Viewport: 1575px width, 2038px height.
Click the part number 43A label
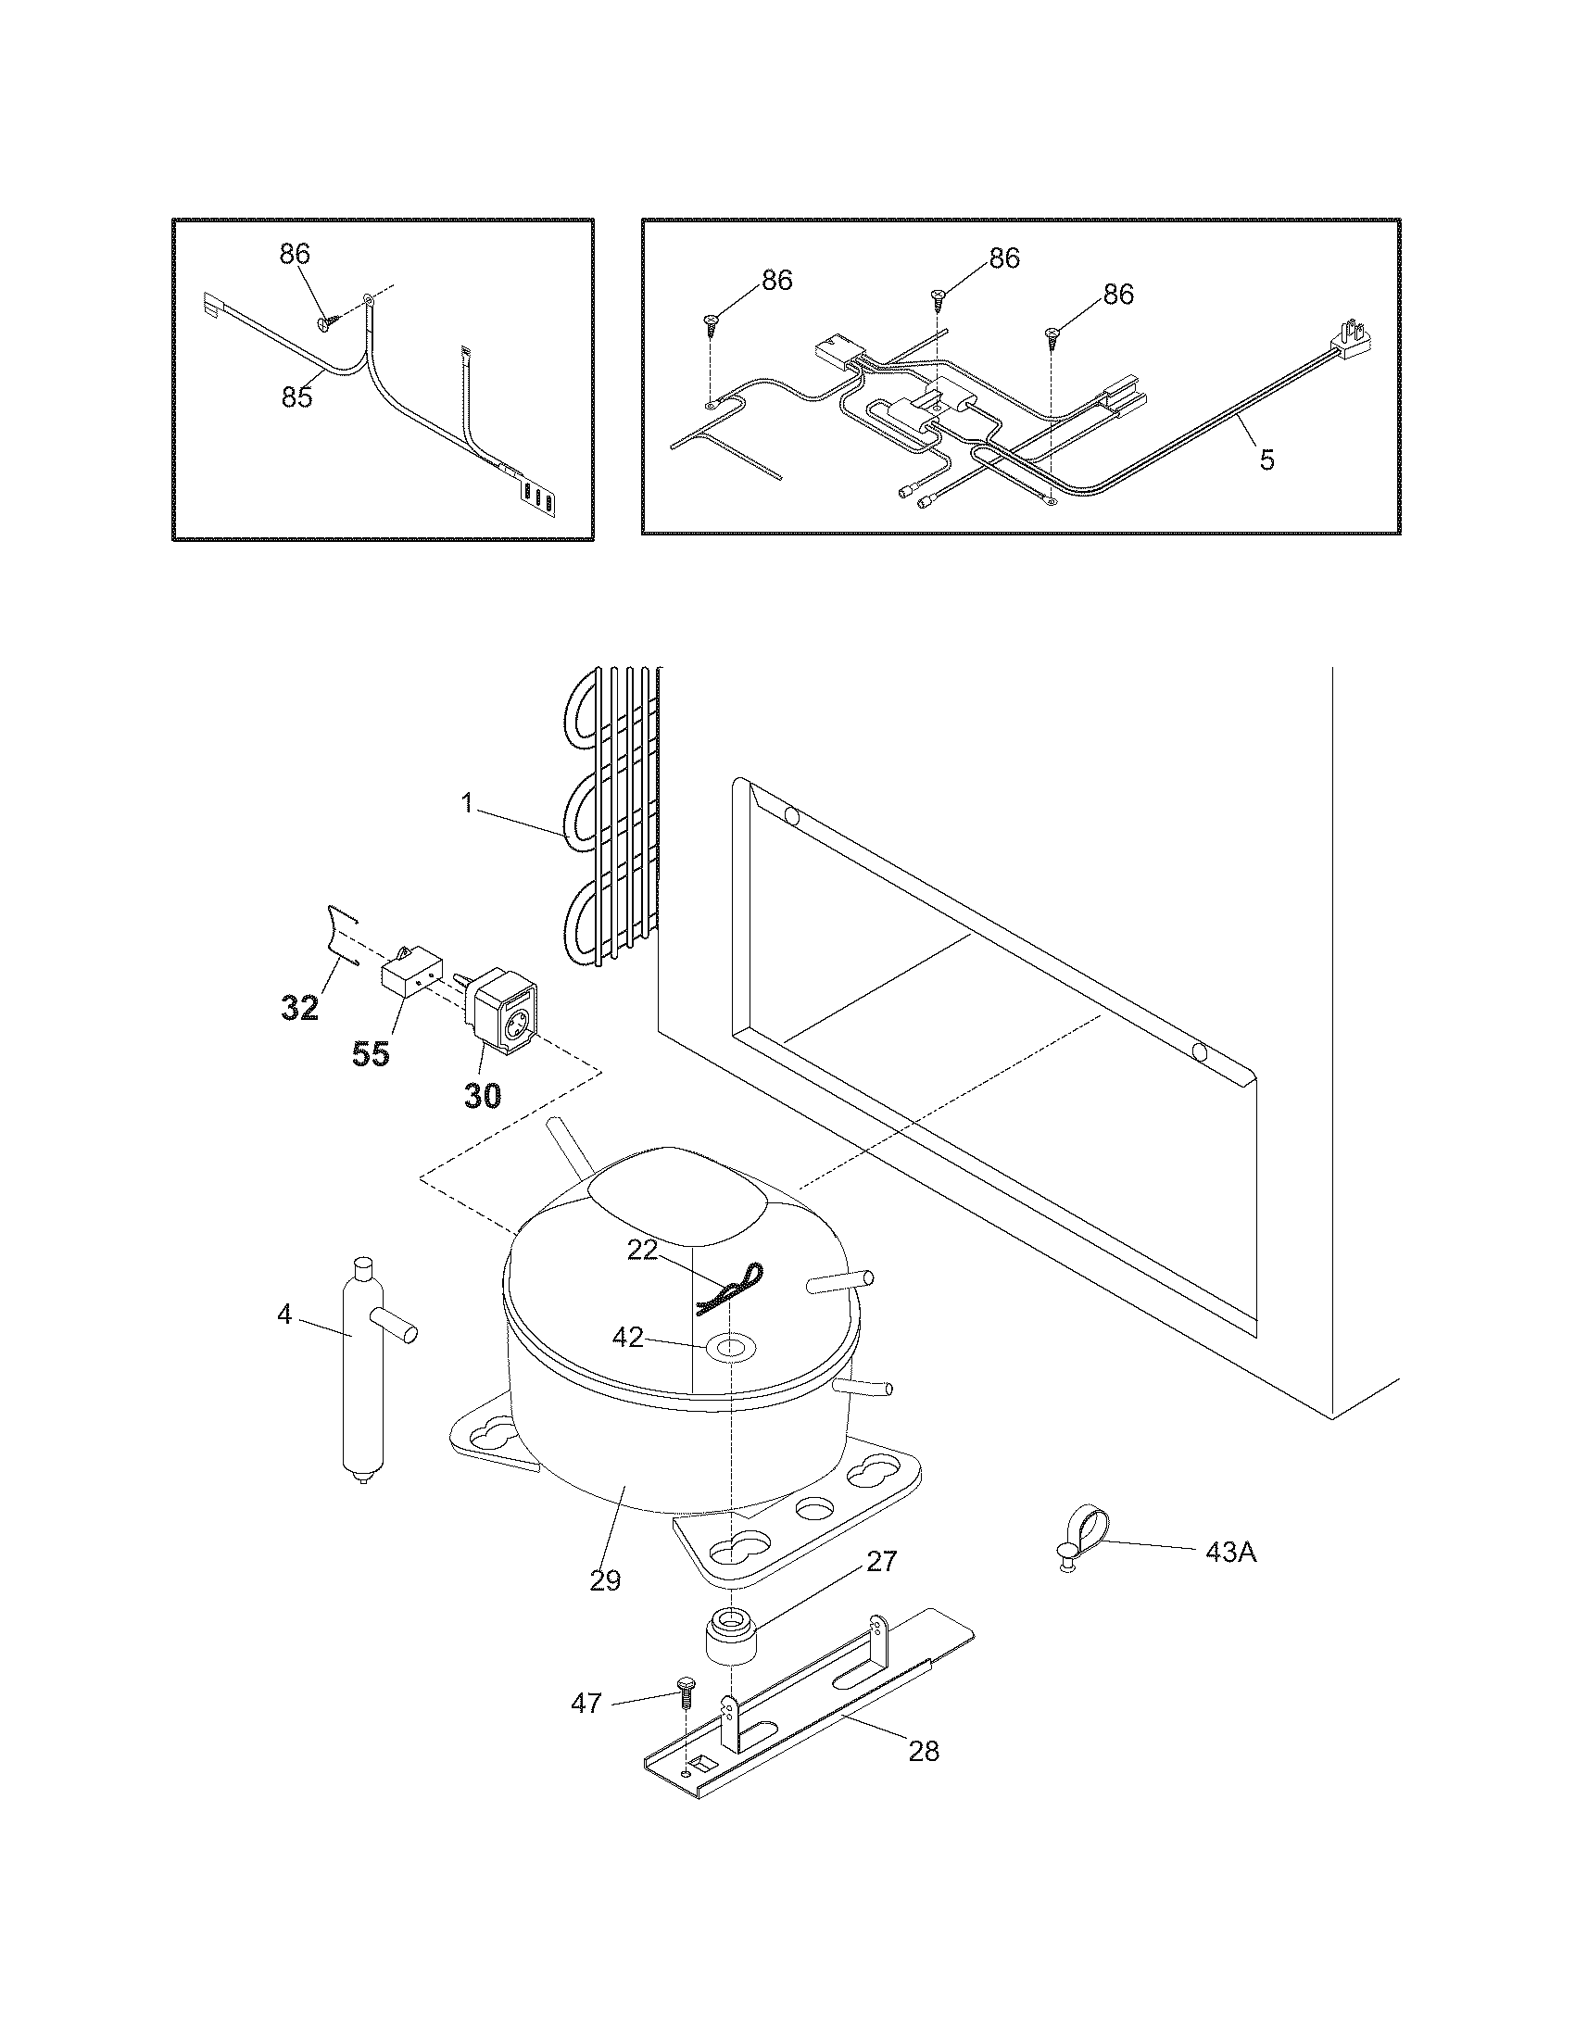tap(1230, 1554)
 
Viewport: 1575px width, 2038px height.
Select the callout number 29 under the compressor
tap(606, 1580)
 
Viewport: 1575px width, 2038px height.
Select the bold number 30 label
tap(483, 1096)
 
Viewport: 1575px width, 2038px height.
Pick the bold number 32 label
tap(300, 1008)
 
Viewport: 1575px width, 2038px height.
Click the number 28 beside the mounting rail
tap(924, 1751)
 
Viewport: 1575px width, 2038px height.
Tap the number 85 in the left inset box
tap(296, 396)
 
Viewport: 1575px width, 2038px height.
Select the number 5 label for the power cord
tap(1266, 459)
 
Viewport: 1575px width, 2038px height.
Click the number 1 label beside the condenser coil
tap(468, 803)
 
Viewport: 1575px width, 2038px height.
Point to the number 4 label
tap(284, 1315)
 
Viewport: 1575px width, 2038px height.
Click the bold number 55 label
tap(371, 1054)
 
